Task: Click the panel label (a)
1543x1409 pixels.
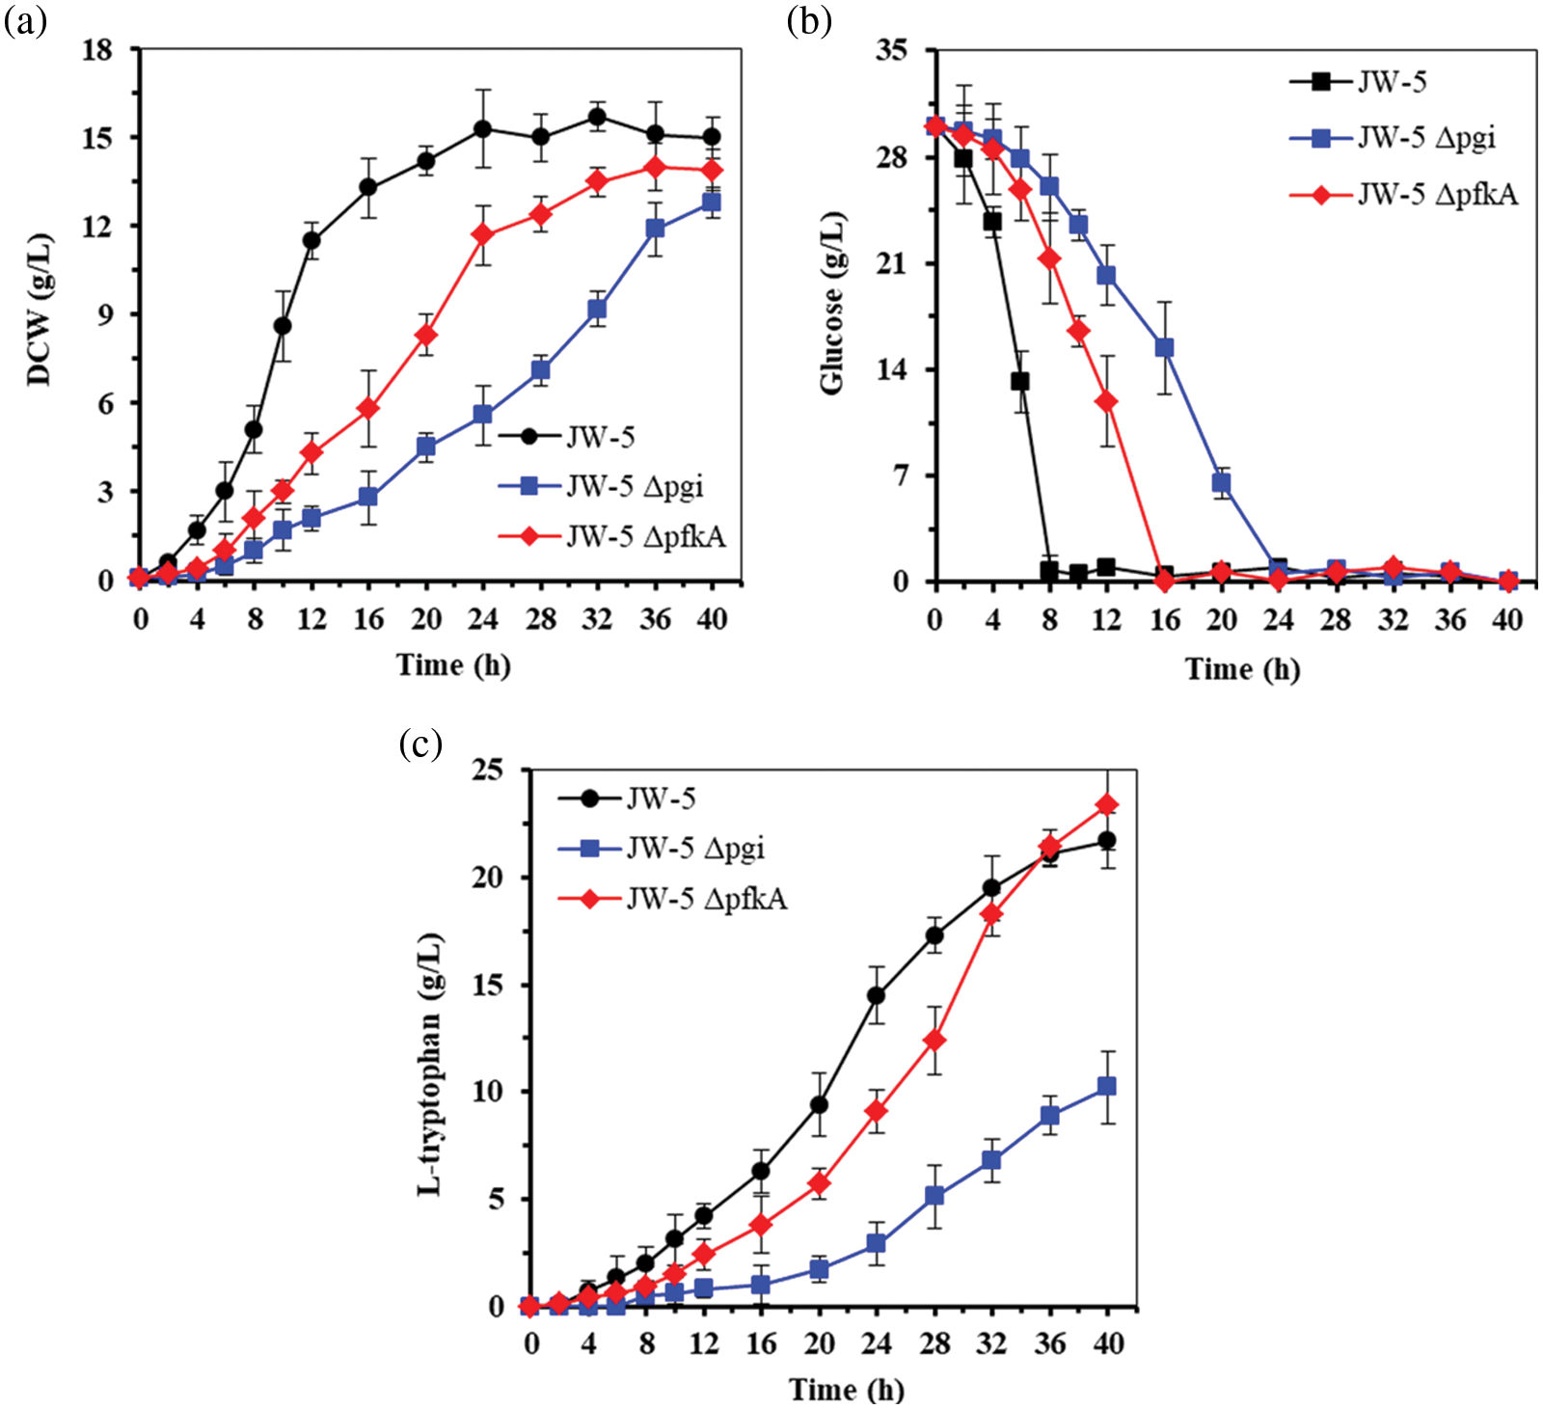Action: click(x=25, y=20)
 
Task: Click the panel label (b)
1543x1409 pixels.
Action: click(x=809, y=20)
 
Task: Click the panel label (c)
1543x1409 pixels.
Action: click(x=420, y=744)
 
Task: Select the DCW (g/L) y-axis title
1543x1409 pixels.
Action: click(x=40, y=311)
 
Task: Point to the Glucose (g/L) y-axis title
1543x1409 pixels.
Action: click(x=831, y=302)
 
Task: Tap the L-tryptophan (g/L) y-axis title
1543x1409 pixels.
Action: click(x=431, y=1064)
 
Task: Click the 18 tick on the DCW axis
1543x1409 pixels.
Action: click(x=97, y=49)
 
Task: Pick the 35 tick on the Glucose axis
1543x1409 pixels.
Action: click(x=892, y=49)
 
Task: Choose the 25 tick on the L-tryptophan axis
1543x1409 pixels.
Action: click(x=488, y=770)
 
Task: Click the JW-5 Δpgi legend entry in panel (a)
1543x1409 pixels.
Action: click(x=634, y=486)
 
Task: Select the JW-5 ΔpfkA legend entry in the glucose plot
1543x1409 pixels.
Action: click(x=1437, y=195)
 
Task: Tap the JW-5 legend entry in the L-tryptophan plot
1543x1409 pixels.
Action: click(x=661, y=799)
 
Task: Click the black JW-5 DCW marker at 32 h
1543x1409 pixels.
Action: click(x=597, y=118)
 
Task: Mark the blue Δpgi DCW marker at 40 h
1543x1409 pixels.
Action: click(x=712, y=203)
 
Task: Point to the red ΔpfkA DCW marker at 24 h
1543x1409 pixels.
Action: click(x=483, y=234)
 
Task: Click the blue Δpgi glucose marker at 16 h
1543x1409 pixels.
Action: click(x=1164, y=347)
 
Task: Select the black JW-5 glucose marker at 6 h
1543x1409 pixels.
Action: click(x=1020, y=381)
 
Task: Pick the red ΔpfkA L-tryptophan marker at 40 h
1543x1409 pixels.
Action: click(x=1107, y=804)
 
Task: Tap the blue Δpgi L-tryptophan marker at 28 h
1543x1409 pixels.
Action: click(x=934, y=1195)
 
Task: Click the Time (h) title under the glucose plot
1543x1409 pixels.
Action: click(x=1242, y=668)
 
